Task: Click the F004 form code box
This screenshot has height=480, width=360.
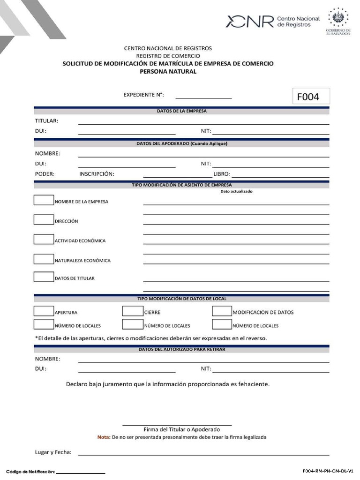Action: point(311,96)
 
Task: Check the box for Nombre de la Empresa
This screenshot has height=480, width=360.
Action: point(44,200)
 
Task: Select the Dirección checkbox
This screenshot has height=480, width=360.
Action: point(44,219)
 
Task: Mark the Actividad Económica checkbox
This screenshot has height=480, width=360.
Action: point(44,239)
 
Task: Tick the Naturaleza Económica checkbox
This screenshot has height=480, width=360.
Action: point(44,259)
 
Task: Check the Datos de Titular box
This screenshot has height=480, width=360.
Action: point(44,277)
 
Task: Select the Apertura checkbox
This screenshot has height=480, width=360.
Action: point(44,311)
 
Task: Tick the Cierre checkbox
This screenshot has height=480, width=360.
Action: point(133,311)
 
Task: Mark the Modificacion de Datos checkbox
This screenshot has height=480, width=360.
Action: point(222,311)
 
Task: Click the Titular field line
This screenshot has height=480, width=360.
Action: point(203,122)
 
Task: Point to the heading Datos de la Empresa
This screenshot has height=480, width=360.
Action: point(181,111)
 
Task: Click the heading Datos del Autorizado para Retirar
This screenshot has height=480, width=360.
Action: point(181,349)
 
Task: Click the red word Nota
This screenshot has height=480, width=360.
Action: point(103,437)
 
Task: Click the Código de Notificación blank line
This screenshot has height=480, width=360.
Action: point(80,472)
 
